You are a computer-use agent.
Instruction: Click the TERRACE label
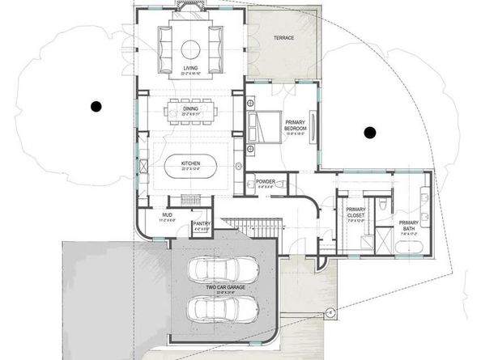point(283,38)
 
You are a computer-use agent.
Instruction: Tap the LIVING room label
point(190,69)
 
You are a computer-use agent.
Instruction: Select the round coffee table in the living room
point(191,45)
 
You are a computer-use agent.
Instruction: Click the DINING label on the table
point(191,111)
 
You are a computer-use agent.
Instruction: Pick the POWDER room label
point(266,183)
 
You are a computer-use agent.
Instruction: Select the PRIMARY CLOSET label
point(355,212)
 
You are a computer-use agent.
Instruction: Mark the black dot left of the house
point(96,104)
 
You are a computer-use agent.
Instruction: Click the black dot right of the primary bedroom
point(372,131)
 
